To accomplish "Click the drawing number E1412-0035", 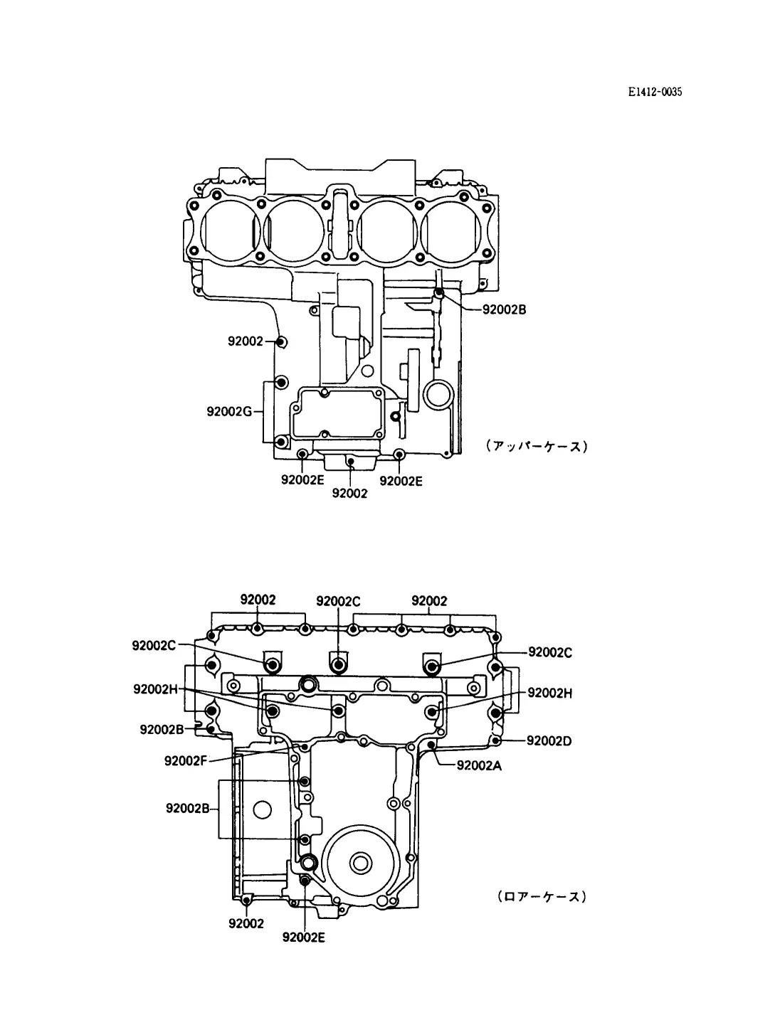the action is coord(655,92).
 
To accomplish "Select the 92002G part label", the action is coord(229,411).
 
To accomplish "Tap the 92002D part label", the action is coord(549,740).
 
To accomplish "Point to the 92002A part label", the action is coord(479,765).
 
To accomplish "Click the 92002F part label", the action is coord(185,760).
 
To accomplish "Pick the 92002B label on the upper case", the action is coord(505,309).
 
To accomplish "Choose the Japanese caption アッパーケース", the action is coord(537,446).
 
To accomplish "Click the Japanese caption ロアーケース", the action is coord(542,896).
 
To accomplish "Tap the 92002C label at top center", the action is coord(338,601).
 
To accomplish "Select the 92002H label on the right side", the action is coord(550,693).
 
